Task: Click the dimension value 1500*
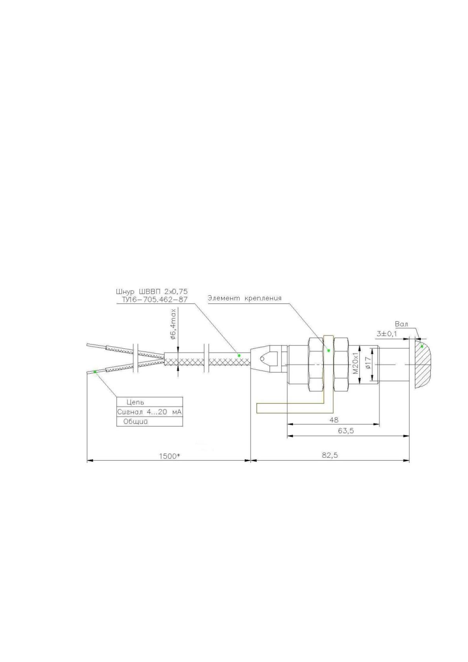click(170, 456)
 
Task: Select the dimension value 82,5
click(330, 455)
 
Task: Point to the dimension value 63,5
click(346, 430)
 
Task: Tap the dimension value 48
click(334, 420)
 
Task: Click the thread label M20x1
click(356, 363)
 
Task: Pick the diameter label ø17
click(368, 362)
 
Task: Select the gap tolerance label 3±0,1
click(387, 334)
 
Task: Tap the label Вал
click(402, 324)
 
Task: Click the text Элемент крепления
click(245, 298)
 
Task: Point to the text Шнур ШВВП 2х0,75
click(152, 291)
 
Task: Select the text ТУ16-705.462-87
click(155, 300)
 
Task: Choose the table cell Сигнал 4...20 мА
click(150, 412)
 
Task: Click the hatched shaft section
click(424, 364)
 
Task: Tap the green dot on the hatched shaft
click(422, 346)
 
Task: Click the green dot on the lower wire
click(95, 371)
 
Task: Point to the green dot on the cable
click(239, 355)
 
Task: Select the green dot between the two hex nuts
click(329, 351)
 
